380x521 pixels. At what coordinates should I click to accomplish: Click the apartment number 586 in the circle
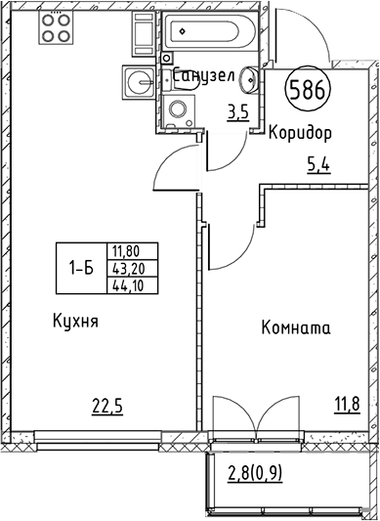(x=308, y=92)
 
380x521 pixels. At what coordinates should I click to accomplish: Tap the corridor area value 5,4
(x=320, y=165)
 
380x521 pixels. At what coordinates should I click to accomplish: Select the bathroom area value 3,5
(x=237, y=112)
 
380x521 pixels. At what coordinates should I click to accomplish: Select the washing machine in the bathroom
(x=178, y=109)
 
